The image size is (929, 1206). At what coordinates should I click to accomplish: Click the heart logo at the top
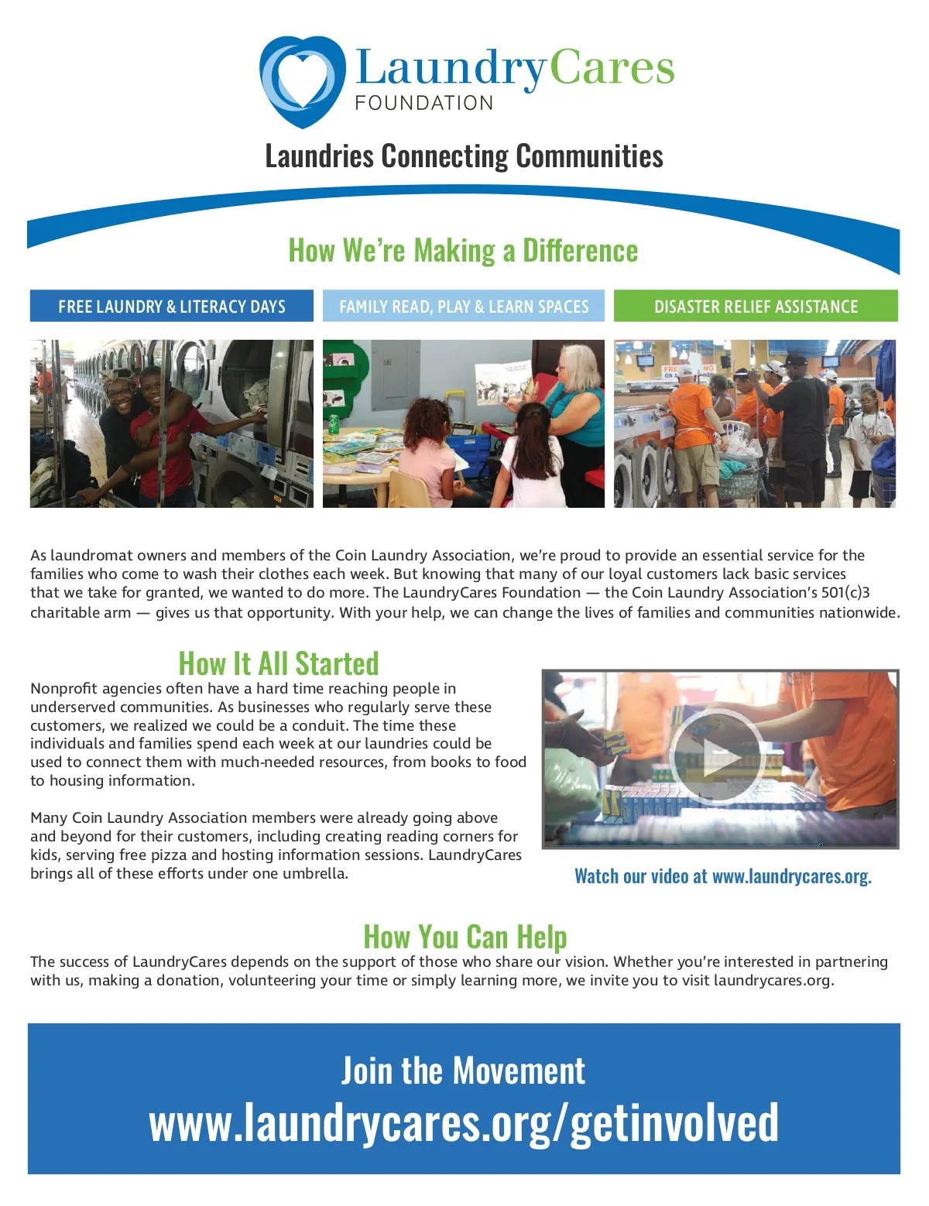click(x=302, y=81)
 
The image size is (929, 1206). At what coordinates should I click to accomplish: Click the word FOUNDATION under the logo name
click(x=423, y=104)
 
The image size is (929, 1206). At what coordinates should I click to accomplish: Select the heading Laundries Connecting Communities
click(x=464, y=156)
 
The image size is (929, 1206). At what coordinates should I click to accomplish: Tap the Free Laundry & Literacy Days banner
click(x=172, y=307)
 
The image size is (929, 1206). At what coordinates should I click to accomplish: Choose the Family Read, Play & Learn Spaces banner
click(x=464, y=307)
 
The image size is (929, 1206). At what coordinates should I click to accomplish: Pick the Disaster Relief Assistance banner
click(x=756, y=307)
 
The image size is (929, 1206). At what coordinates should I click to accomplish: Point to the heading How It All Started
click(x=279, y=663)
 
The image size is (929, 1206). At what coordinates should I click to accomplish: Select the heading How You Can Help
click(x=464, y=937)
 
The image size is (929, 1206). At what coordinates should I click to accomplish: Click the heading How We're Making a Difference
click(x=463, y=251)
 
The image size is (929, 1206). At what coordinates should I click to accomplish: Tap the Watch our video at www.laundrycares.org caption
click(x=722, y=876)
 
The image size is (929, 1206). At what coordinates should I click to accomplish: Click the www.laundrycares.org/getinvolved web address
click(x=464, y=1123)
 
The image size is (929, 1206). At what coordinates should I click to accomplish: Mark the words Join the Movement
click(x=463, y=1071)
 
